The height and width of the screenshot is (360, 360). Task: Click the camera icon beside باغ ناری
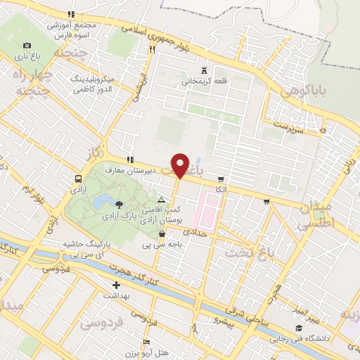(27, 46)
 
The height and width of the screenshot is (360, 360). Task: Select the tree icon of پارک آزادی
(119, 205)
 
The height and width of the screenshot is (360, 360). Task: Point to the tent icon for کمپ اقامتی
(161, 200)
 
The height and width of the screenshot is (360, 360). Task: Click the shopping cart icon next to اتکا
(221, 179)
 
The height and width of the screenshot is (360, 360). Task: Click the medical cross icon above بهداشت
(117, 286)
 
